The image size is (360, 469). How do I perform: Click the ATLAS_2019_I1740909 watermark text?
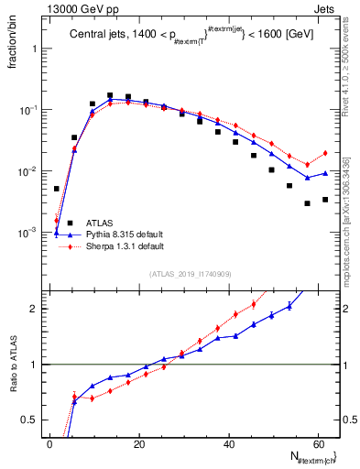(x=191, y=274)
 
